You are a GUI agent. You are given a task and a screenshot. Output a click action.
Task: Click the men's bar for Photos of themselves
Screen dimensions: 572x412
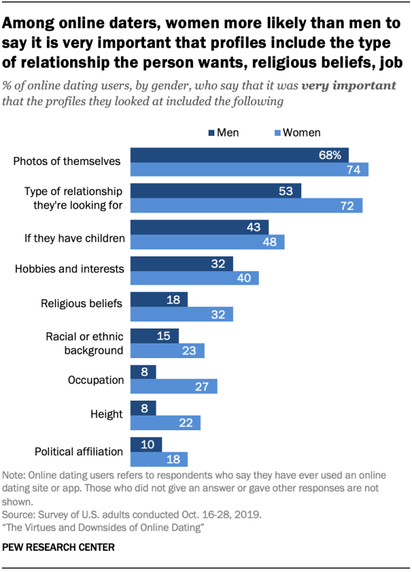pos(239,155)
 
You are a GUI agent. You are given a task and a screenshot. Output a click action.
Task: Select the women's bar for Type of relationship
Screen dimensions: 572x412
pos(247,205)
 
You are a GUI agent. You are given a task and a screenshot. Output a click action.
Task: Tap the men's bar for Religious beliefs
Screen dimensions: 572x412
pos(159,299)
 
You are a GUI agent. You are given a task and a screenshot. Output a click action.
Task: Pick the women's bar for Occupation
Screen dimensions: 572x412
pos(174,386)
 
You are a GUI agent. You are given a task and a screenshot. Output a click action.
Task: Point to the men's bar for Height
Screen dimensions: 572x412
pos(143,408)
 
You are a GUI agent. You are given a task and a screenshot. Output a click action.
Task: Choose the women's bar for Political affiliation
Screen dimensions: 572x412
pos(159,459)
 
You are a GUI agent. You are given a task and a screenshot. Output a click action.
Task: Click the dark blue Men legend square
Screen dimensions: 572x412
pos(211,133)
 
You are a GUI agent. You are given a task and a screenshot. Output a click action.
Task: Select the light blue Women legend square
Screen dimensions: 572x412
pos(277,133)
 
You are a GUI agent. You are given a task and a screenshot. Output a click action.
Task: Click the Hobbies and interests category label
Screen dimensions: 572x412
pos(70,269)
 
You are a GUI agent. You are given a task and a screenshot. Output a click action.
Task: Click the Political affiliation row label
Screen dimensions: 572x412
pos(79,451)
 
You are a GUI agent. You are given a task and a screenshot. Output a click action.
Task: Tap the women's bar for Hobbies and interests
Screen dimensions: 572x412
pos(194,278)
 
